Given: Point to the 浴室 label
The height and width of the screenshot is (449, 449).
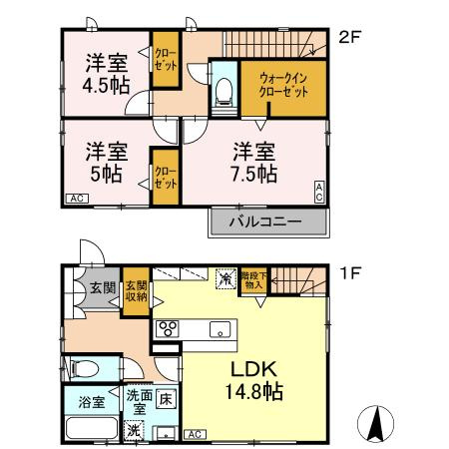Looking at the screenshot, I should pos(92,404).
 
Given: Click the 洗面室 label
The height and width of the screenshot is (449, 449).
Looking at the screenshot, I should pos(139,402).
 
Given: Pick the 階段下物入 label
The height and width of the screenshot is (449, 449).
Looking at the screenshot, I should pos(253,281).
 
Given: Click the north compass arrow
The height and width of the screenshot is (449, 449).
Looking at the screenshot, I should pos(376,423).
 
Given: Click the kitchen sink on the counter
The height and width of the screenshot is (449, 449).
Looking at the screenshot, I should pos(217,329).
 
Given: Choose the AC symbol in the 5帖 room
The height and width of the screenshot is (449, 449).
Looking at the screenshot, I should pos(76,200).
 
